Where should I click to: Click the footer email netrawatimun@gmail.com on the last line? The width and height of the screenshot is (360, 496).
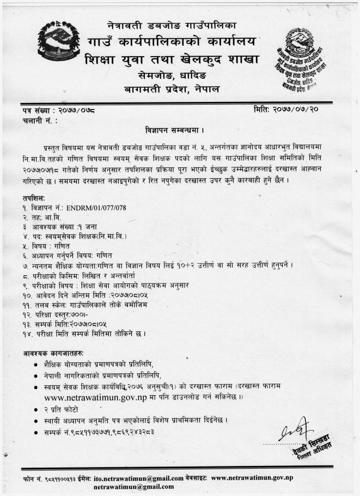pos(133,486)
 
